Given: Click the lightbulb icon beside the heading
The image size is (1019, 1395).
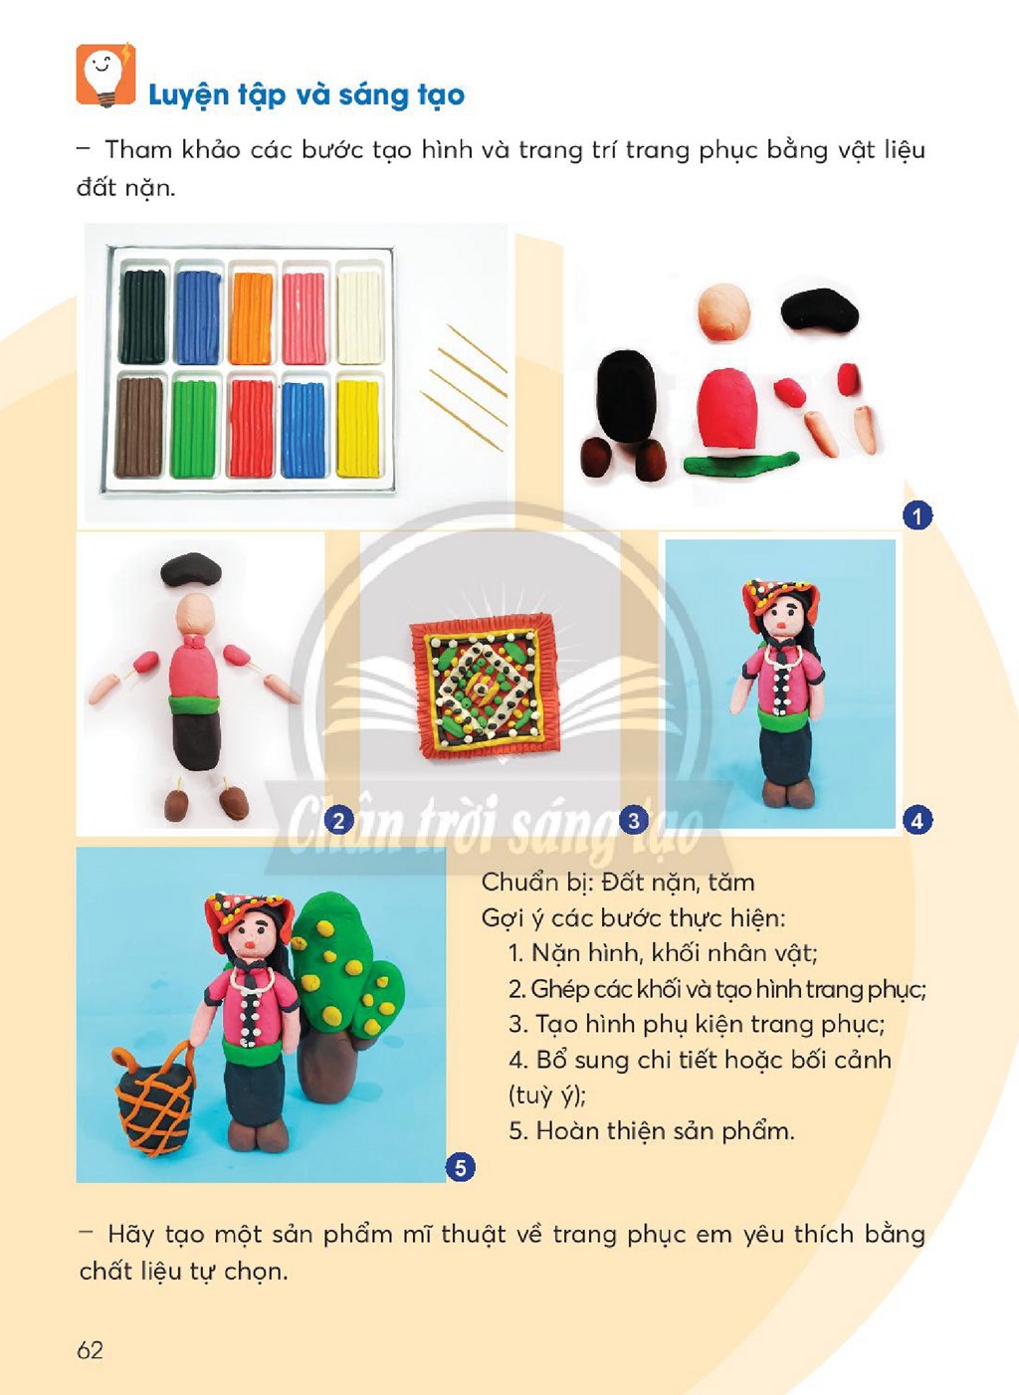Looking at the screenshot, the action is click(105, 75).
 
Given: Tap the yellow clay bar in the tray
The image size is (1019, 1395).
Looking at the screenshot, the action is click(358, 429).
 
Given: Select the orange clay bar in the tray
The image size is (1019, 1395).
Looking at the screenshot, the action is click(252, 317).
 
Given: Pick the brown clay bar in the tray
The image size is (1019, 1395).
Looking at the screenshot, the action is click(139, 427).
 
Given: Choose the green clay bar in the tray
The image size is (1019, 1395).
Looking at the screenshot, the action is click(194, 429).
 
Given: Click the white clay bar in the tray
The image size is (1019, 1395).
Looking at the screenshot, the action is click(359, 317).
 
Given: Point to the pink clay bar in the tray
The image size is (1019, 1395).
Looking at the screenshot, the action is click(305, 318).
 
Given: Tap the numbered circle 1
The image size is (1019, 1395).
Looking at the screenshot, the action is click(917, 515).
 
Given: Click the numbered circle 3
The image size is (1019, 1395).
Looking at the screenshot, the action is click(634, 820).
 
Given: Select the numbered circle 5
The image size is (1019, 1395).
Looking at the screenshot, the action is click(461, 1168).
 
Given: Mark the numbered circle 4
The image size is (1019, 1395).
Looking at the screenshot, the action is click(917, 820).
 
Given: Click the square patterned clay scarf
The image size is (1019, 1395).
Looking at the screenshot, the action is click(484, 685).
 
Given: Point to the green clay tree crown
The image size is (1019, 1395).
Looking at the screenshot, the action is click(343, 965).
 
